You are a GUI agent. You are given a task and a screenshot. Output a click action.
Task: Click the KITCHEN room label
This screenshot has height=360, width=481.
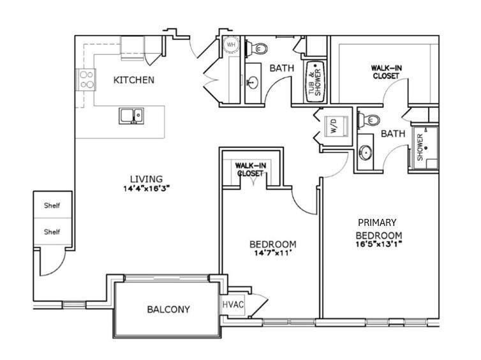[x=133, y=80]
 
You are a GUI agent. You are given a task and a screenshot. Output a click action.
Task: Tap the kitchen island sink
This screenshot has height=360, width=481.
[x=131, y=116]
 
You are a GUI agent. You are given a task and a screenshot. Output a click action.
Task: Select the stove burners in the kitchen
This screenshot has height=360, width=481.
[x=86, y=79]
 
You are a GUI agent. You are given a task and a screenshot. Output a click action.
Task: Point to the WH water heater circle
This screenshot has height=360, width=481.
[x=230, y=46]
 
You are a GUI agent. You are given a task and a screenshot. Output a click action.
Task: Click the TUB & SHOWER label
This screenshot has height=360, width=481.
[x=316, y=80]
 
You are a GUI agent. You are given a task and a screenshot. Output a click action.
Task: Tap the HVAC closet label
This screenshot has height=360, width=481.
[x=232, y=304]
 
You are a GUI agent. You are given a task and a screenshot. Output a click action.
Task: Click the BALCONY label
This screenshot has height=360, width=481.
[x=168, y=310]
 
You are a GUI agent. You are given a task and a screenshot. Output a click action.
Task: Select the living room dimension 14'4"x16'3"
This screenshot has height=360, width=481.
[x=147, y=188]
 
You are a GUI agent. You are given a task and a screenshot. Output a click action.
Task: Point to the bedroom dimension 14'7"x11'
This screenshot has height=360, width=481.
[x=272, y=253]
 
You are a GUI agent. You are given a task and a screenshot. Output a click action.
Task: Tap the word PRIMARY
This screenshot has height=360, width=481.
[x=377, y=223]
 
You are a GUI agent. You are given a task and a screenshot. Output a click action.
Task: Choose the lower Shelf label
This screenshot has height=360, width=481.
[x=52, y=232]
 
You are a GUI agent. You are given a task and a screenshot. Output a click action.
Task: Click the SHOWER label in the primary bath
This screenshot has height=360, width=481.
[x=420, y=147]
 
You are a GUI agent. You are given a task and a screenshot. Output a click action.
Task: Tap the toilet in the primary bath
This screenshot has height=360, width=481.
[x=369, y=119]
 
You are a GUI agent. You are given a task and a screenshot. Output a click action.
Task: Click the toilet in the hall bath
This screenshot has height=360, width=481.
[x=261, y=49]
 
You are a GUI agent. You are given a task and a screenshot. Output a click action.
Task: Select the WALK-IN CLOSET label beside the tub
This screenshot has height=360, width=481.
[x=385, y=71]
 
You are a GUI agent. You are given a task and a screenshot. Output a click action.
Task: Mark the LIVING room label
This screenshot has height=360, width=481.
[x=147, y=179]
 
